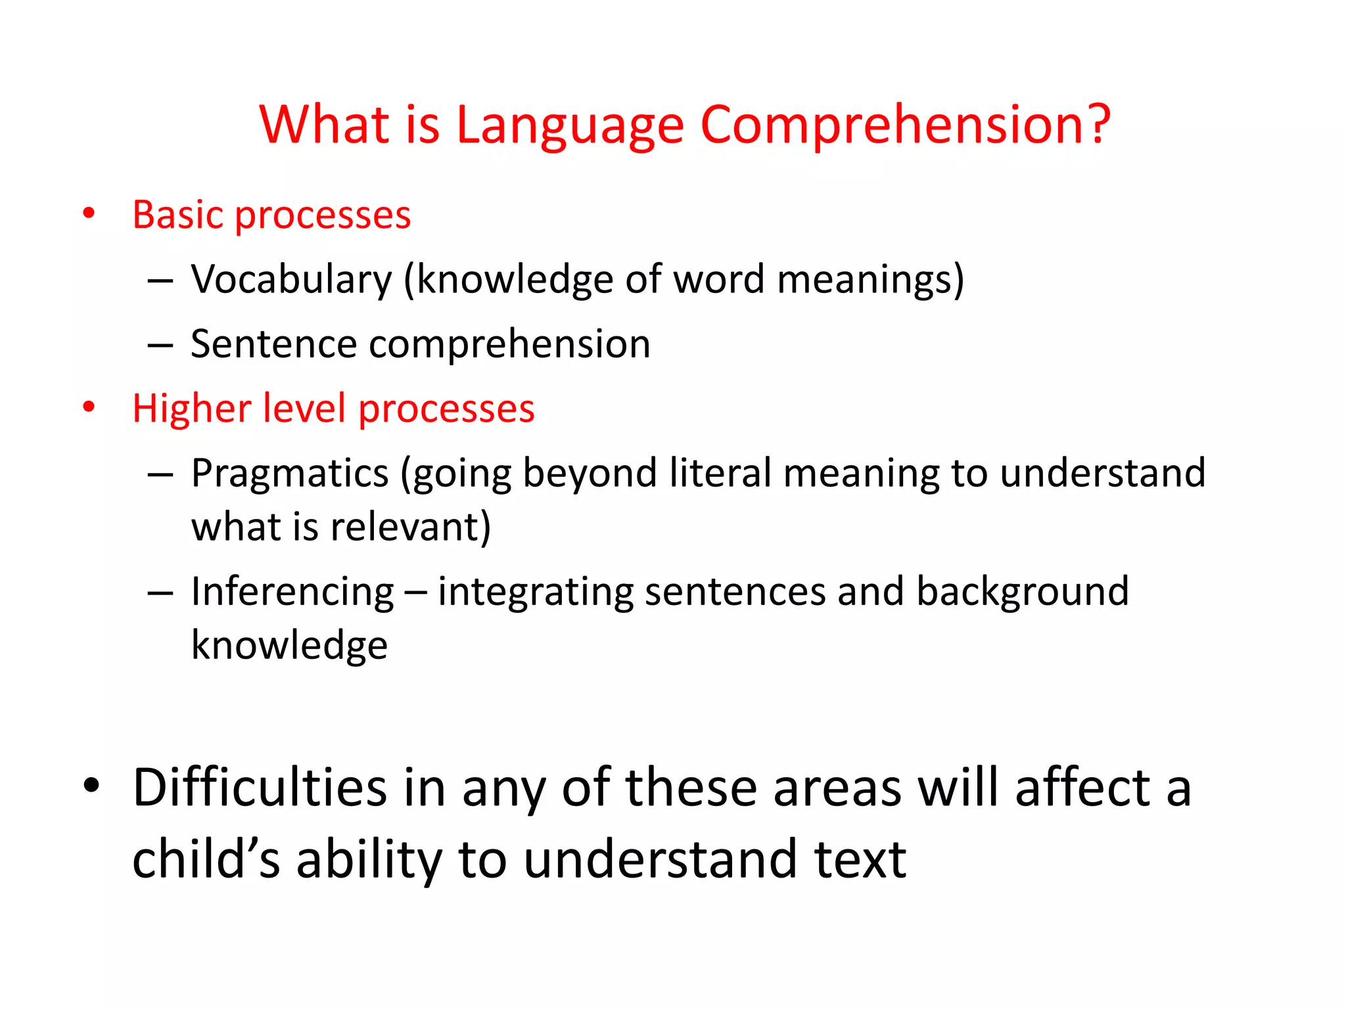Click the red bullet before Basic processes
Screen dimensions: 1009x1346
89,213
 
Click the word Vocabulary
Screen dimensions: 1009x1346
291,279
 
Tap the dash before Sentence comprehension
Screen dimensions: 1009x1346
160,344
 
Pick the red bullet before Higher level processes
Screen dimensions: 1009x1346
89,407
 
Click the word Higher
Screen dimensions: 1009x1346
191,408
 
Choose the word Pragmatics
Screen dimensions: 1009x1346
290,473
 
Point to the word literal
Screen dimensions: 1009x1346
720,472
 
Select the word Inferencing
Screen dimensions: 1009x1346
292,591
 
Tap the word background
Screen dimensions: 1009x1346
1023,591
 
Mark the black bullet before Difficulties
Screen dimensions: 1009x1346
91,785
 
